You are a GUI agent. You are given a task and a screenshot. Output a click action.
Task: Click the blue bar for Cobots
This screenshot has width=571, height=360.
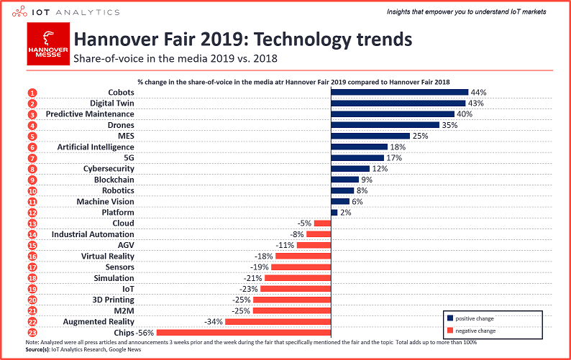399,93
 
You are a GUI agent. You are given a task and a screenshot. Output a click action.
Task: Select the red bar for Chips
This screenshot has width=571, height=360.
244,332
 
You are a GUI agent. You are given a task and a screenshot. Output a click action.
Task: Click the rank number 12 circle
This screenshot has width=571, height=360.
32,213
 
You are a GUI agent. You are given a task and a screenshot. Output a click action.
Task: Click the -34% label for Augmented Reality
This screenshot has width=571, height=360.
213,321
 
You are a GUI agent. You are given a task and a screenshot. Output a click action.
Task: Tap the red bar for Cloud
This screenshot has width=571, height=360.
322,223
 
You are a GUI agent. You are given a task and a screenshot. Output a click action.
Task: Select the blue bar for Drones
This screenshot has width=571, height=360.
385,125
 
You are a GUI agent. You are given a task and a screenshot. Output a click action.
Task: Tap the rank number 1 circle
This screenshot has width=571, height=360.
32,93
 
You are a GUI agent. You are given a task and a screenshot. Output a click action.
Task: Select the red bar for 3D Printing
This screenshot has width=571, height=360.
292,300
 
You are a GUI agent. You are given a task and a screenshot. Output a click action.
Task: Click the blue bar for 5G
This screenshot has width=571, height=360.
357,158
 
